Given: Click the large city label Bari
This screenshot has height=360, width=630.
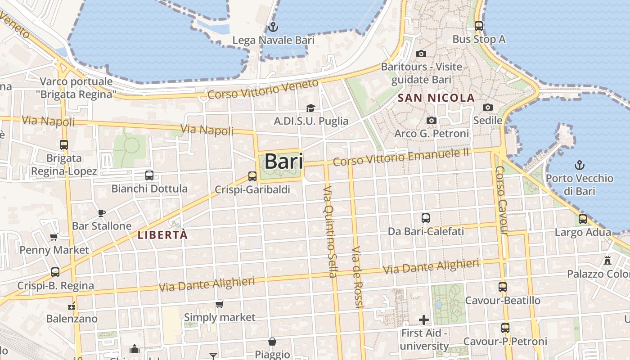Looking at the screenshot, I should coord(283,162).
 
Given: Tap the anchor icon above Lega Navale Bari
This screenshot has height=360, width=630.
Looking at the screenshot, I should coord(272,27).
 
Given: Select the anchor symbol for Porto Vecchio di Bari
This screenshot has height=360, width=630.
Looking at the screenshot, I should coord(580,165).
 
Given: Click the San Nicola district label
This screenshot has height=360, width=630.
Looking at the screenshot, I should coord(436,98).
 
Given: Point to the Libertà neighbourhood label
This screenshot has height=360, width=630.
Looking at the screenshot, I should coord(162,235).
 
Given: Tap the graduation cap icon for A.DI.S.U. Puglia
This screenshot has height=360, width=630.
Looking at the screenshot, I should coord(310,108).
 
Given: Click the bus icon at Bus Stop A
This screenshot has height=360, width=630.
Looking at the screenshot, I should coord(479,26).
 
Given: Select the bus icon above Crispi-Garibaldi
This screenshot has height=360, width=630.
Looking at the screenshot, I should coord(252,176).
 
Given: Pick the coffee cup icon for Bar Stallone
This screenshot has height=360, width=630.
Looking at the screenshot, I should coord(102,213).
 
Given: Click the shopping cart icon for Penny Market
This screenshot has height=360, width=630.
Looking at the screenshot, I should coord(54,237).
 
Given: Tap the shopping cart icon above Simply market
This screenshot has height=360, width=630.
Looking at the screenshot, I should coord(220,305).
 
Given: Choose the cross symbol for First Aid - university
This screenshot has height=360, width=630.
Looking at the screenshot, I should coord(424,320).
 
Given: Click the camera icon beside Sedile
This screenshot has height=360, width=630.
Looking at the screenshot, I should coord(488,107).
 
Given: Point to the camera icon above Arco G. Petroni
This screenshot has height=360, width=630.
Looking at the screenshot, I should coord(432,120).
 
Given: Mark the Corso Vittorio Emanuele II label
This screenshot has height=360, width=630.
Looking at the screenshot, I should coord(401,157).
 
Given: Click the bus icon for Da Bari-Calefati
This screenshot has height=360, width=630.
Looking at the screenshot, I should coord(426,218).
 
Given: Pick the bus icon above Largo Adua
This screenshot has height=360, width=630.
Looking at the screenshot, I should coord(583,219).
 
